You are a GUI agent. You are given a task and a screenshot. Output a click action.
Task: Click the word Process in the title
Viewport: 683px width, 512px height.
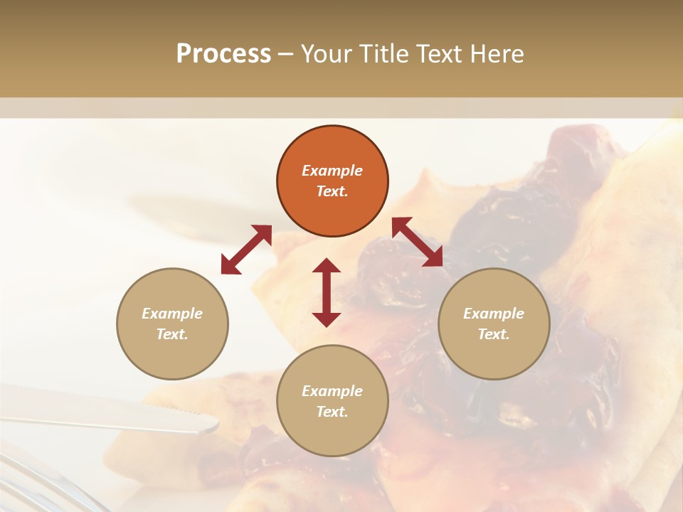(x=223, y=54)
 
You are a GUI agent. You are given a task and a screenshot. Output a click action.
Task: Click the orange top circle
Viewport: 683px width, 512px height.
(x=332, y=181)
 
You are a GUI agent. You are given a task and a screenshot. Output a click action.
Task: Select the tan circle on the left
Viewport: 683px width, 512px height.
(x=172, y=324)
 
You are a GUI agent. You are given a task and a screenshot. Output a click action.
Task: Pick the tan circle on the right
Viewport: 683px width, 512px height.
(x=494, y=324)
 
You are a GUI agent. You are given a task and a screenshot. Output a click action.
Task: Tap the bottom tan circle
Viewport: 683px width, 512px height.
(x=332, y=401)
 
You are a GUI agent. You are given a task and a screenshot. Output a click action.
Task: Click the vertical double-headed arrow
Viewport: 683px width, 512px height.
(x=327, y=292)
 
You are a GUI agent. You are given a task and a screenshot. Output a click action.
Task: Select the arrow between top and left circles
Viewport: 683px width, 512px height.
(x=246, y=250)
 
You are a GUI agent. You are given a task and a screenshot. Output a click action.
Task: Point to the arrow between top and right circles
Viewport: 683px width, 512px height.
(x=417, y=242)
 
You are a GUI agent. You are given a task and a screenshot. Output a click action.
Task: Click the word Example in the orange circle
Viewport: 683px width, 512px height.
(x=332, y=171)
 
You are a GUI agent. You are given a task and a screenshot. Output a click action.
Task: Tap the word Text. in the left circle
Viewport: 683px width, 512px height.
(x=172, y=334)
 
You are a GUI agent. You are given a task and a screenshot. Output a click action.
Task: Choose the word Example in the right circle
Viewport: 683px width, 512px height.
(x=494, y=314)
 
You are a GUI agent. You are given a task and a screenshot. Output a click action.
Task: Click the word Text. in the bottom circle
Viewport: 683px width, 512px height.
(x=332, y=412)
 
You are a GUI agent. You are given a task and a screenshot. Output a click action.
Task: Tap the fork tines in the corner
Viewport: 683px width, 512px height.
(x=43, y=484)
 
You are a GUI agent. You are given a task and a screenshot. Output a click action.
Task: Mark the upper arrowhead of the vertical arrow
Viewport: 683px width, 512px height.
(x=327, y=266)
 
